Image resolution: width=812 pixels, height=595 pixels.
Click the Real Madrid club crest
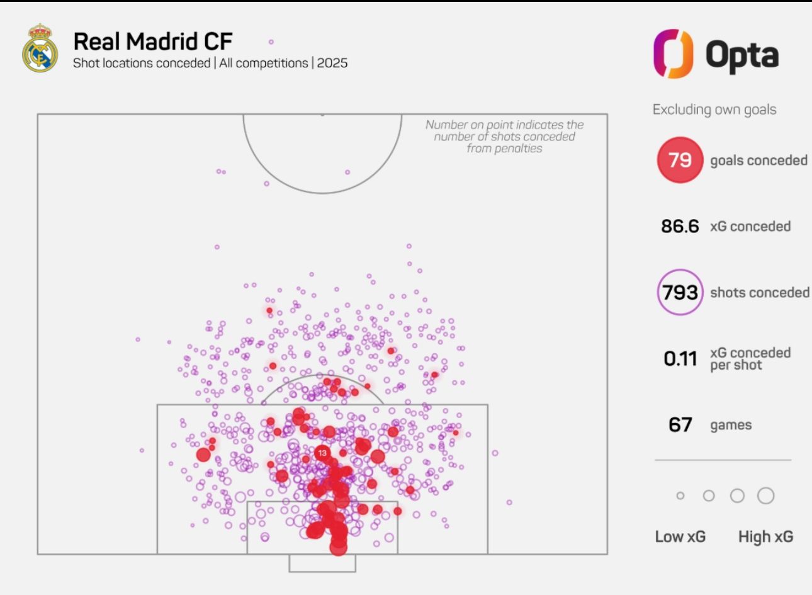[x=40, y=48]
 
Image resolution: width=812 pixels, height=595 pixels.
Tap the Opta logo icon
[x=673, y=54]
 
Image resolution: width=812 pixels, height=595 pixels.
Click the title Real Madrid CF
[x=153, y=42]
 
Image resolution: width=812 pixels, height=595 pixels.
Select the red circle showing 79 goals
[x=680, y=160]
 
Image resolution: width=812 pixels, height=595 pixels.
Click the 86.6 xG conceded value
[x=680, y=226]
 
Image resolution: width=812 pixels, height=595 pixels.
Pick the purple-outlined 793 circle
[x=680, y=292]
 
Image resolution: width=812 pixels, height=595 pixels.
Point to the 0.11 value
[x=680, y=359]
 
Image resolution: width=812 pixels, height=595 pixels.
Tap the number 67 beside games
[x=680, y=425]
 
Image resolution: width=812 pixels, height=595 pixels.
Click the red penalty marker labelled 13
[x=322, y=453]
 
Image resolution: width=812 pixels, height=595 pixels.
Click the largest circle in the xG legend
[x=765, y=496]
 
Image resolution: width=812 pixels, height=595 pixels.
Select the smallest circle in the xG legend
[x=680, y=496]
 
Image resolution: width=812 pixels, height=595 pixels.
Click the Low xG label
[x=680, y=537]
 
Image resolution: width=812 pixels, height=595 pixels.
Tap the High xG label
[x=765, y=537]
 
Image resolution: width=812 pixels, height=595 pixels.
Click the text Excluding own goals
[x=714, y=110]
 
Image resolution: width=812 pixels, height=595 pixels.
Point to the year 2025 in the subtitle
[x=332, y=63]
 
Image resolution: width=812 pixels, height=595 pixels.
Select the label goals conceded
[x=758, y=161]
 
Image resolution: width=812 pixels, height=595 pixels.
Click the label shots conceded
[x=760, y=293]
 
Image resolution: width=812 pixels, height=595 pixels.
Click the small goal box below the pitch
[x=322, y=563]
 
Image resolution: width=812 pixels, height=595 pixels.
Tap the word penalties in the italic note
[x=504, y=149]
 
